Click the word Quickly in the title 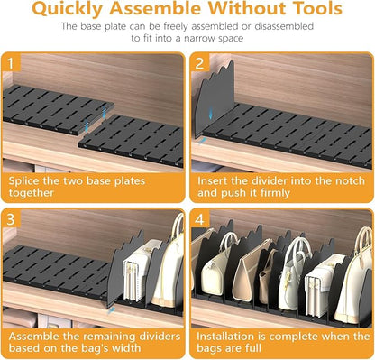(68, 9)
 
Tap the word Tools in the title (317, 8)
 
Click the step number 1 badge (11, 63)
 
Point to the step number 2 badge (199, 63)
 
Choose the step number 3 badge (11, 218)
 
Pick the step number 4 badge (199, 219)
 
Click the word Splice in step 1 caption (23, 181)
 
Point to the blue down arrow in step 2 (211, 113)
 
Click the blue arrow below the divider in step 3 (111, 310)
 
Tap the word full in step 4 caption (253, 348)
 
